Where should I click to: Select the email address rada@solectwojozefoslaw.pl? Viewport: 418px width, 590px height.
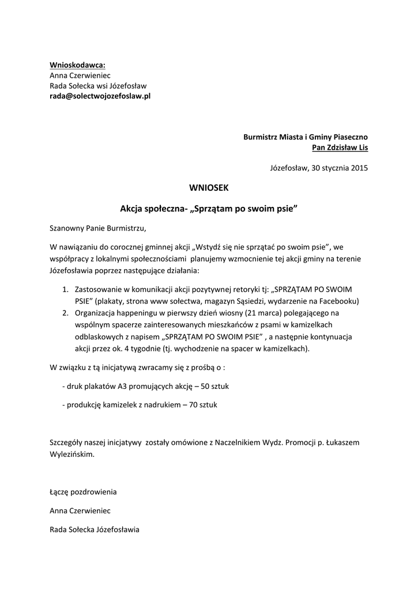pyautogui.click(x=100, y=96)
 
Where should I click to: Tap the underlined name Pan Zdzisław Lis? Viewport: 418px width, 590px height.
pyautogui.click(x=340, y=147)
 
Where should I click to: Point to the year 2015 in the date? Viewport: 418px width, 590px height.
pyautogui.click(x=359, y=168)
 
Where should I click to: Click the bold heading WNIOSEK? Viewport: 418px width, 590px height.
pyautogui.click(x=209, y=187)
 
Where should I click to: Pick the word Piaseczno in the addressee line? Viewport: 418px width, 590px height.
pyautogui.click(x=347, y=137)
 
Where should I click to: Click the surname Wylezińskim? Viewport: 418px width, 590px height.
pyautogui.click(x=71, y=453)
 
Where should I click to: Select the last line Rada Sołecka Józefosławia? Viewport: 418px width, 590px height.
pyautogui.click(x=95, y=530)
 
